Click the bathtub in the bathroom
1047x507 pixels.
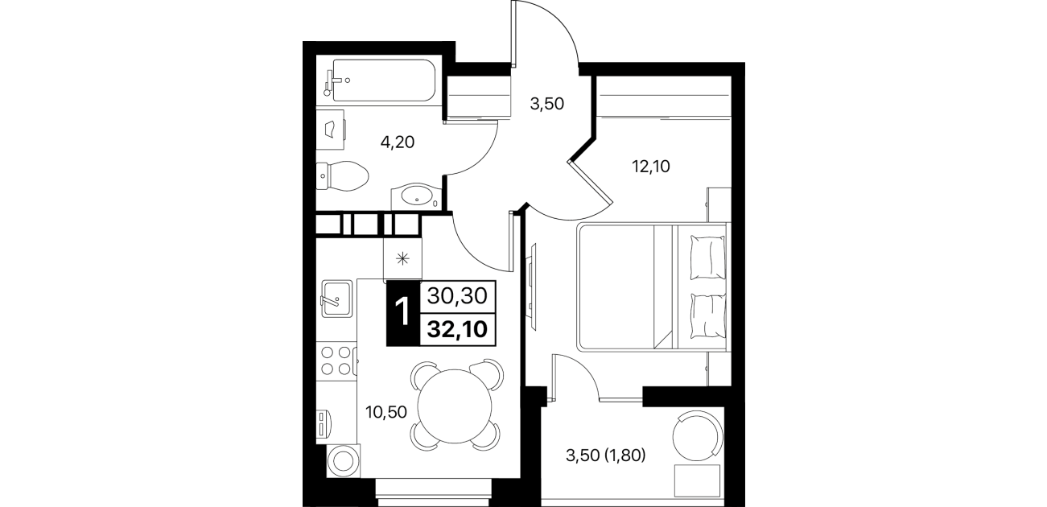(x=383, y=80)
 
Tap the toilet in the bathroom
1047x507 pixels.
(x=343, y=176)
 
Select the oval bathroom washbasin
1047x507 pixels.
(x=416, y=197)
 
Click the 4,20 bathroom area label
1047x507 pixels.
(x=398, y=142)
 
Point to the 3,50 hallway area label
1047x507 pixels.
(x=547, y=104)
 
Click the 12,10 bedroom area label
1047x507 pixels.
(x=650, y=167)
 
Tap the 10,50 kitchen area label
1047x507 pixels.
(x=386, y=412)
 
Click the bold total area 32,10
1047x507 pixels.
(x=458, y=329)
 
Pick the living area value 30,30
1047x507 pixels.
(x=458, y=296)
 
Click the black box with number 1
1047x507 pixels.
(x=403, y=312)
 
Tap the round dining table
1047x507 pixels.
(x=455, y=406)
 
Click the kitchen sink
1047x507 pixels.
(x=336, y=299)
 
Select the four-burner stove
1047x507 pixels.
(x=336, y=361)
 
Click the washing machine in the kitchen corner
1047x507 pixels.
(x=344, y=460)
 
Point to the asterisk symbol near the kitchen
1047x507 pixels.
(x=402, y=259)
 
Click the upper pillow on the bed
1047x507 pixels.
(x=708, y=258)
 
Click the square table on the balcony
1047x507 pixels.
(x=697, y=481)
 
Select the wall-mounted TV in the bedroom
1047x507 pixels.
(x=532, y=287)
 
